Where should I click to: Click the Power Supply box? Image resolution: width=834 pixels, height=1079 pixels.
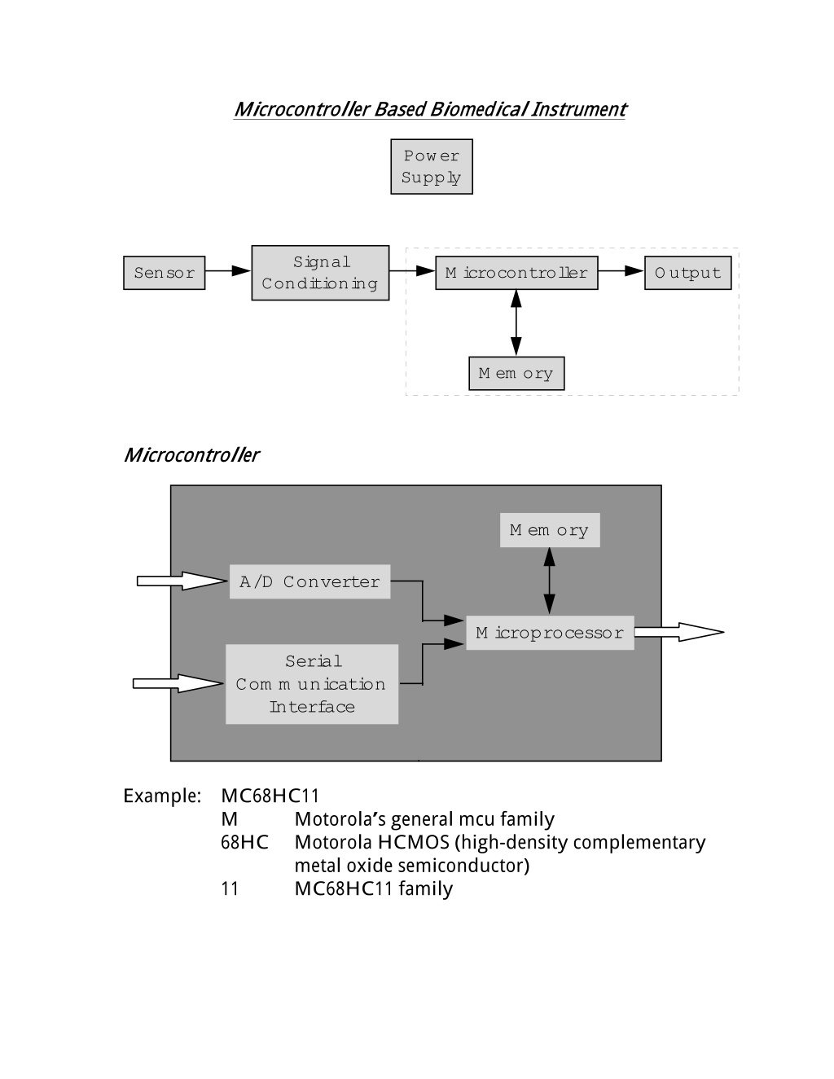pos(432,166)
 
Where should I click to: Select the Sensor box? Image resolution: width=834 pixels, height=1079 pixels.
pos(164,273)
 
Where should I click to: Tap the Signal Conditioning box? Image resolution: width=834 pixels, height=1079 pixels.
pos(320,273)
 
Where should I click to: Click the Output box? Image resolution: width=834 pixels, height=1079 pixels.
pos(687,273)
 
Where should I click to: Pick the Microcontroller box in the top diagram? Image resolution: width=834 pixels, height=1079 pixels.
pos(516,273)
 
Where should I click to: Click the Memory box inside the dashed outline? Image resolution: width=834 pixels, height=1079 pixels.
pos(516,374)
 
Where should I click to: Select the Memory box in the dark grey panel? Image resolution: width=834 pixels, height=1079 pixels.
pos(550,530)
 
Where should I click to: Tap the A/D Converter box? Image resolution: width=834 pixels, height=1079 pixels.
pos(309,581)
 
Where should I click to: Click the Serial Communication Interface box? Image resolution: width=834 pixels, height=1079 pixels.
pos(312,684)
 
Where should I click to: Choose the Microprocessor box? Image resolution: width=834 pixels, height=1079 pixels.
pos(550,633)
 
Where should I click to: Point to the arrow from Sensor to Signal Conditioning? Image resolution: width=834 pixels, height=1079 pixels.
pos(228,270)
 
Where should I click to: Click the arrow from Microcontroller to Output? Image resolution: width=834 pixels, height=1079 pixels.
pos(621,270)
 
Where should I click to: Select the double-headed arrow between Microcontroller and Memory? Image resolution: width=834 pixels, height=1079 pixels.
pos(516,323)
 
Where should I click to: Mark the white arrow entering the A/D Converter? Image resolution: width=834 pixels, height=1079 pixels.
pos(182,581)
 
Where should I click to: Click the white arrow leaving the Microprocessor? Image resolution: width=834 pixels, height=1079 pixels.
pos(679,632)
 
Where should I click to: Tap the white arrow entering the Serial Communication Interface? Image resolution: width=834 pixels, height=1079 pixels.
pos(178,684)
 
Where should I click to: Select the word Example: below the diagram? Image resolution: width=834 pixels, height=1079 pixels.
pos(162,796)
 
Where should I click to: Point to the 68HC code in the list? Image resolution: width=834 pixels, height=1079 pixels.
pos(244,843)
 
